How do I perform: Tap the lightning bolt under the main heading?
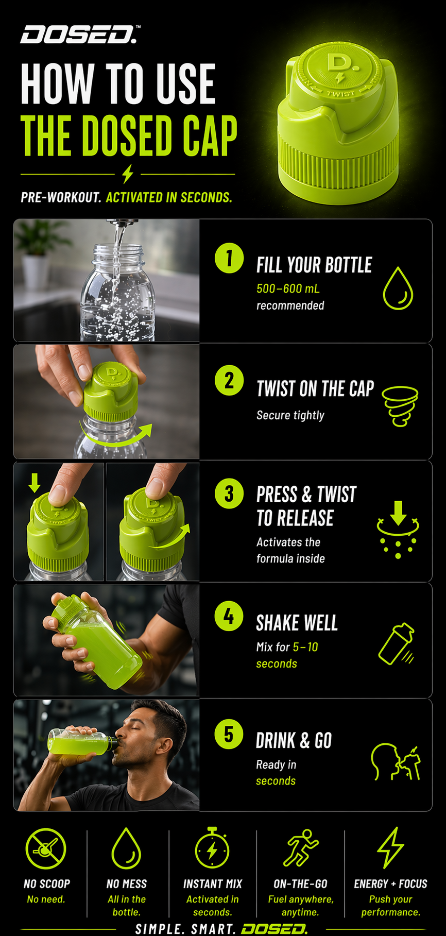[128, 174]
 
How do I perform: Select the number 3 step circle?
[229, 493]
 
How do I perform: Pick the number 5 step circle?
[229, 734]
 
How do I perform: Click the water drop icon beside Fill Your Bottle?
[398, 288]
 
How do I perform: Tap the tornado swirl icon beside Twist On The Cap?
[400, 406]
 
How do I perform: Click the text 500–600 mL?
[288, 288]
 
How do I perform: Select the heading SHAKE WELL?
[297, 623]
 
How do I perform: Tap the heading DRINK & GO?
[294, 741]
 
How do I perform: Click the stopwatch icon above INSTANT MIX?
[212, 848]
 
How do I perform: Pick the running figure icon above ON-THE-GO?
[301, 847]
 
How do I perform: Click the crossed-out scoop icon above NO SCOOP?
[46, 848]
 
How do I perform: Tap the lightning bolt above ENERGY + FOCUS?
[390, 847]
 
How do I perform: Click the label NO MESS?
[127, 884]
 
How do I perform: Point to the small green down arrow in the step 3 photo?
[35, 483]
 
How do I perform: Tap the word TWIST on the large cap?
[340, 94]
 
